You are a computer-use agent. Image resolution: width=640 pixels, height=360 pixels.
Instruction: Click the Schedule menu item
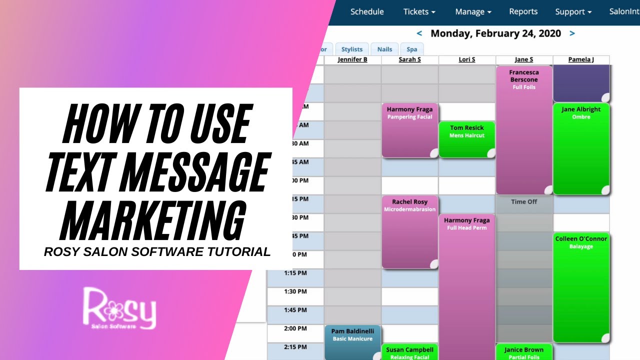click(x=367, y=11)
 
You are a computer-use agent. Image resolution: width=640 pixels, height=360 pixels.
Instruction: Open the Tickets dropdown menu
click(x=419, y=11)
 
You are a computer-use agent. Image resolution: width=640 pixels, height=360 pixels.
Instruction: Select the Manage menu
click(x=473, y=11)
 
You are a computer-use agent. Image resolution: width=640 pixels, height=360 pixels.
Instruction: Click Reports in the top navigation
click(x=523, y=11)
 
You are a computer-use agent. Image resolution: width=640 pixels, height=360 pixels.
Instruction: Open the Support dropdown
click(x=573, y=11)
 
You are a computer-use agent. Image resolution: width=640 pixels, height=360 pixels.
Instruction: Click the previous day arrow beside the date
click(x=419, y=33)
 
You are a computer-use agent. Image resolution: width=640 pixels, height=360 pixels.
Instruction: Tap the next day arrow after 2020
click(x=572, y=33)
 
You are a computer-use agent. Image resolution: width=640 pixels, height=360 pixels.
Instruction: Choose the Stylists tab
click(x=352, y=49)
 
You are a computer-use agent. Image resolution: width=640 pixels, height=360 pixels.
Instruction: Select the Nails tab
click(x=384, y=49)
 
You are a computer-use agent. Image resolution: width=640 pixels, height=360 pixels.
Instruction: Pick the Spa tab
click(x=411, y=49)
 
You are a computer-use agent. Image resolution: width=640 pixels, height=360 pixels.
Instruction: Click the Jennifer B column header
click(x=352, y=59)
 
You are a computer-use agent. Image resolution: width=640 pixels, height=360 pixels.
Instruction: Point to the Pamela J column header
click(x=581, y=59)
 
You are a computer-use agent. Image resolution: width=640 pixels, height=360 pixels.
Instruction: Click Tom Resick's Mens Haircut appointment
click(x=467, y=139)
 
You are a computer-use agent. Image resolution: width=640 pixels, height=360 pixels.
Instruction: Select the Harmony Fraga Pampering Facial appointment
click(x=409, y=130)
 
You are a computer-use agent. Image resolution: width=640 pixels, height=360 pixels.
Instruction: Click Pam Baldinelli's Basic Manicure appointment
click(x=352, y=342)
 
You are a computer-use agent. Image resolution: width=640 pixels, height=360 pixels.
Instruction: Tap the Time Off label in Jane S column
click(x=524, y=201)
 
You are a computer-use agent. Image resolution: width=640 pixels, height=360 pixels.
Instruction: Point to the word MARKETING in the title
click(x=152, y=220)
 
